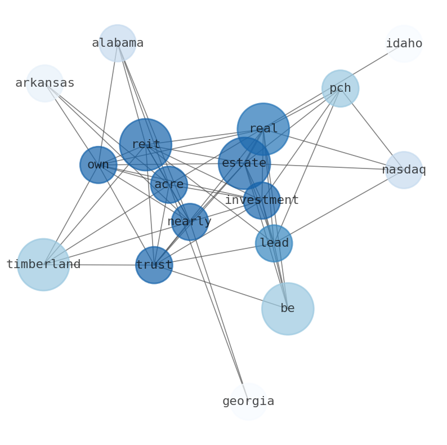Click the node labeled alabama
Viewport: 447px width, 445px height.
click(118, 43)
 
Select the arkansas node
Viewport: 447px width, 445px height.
click(44, 83)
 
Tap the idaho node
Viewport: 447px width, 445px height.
click(404, 43)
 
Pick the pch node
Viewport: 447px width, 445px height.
click(340, 88)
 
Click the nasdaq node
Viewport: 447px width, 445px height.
click(404, 170)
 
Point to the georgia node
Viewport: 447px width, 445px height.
click(248, 401)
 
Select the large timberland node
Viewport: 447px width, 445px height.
click(43, 264)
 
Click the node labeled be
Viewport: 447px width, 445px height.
click(287, 308)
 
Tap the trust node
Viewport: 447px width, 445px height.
click(154, 265)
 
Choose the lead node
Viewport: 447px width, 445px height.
click(274, 243)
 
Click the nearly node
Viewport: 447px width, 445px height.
click(190, 221)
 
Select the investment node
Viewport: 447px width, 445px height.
click(261, 200)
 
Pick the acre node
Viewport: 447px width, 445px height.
click(169, 184)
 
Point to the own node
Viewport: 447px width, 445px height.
click(99, 165)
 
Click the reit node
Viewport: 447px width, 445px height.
click(145, 145)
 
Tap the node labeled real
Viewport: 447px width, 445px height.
click(263, 129)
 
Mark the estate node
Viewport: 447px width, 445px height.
click(244, 163)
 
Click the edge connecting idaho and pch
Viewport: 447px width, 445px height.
click(372, 66)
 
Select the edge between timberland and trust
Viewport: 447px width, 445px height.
click(99, 265)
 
